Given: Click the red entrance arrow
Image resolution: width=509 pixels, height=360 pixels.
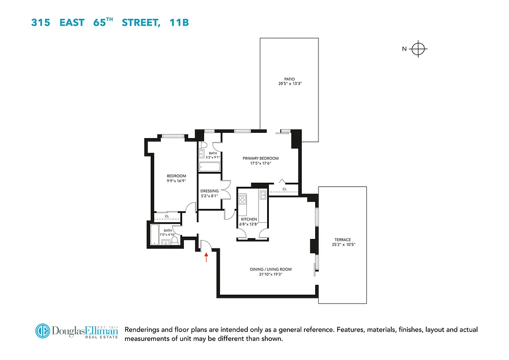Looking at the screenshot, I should pyautogui.click(x=206, y=257).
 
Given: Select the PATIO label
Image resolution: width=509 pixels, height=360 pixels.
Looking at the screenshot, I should pyautogui.click(x=289, y=79).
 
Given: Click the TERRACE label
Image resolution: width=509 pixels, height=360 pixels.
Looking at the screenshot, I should pyautogui.click(x=342, y=240).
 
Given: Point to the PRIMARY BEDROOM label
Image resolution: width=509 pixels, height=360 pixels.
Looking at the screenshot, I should pyautogui.click(x=260, y=158).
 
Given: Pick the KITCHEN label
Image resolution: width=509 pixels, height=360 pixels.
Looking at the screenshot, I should pyautogui.click(x=249, y=219).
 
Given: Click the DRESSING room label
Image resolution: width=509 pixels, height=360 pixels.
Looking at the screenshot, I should pyautogui.click(x=210, y=191).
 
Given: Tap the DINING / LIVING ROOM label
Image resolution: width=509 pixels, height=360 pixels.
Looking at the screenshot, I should pyautogui.click(x=271, y=270).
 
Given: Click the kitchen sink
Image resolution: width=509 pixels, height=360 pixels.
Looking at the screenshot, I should pyautogui.click(x=263, y=195).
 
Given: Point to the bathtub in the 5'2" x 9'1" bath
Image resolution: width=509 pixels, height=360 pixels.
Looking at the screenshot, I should pyautogui.click(x=209, y=167).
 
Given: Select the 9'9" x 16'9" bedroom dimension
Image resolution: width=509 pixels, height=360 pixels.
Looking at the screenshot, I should pyautogui.click(x=176, y=181).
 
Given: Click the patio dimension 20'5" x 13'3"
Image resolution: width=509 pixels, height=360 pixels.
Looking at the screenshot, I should pyautogui.click(x=289, y=84).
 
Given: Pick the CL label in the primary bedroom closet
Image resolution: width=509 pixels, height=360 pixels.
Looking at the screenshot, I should pyautogui.click(x=284, y=189).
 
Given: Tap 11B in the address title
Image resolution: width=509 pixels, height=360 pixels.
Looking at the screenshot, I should pyautogui.click(x=179, y=22).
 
